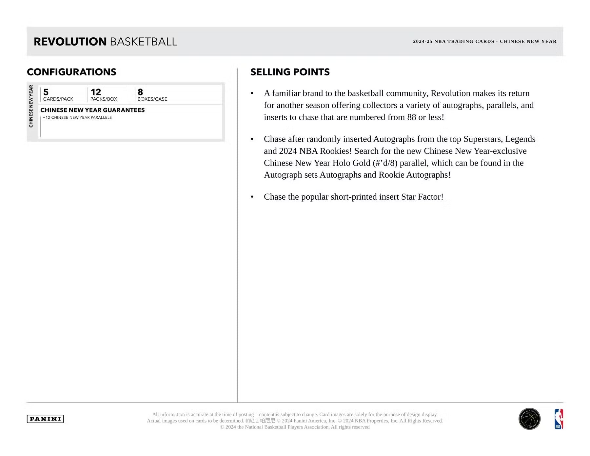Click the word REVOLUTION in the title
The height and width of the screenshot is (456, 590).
click(70, 42)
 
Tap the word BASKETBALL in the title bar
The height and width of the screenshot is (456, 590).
click(144, 42)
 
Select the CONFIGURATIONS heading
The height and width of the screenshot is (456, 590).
click(71, 72)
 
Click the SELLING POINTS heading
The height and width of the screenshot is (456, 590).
click(290, 72)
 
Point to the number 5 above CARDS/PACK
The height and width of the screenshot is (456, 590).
click(46, 92)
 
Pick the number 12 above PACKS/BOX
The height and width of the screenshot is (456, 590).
click(96, 92)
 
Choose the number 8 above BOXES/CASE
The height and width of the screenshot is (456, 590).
click(140, 92)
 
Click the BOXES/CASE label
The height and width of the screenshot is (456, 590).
click(152, 99)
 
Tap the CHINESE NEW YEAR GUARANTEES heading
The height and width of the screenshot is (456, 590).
click(92, 110)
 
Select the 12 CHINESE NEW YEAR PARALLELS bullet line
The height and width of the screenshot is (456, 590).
click(78, 117)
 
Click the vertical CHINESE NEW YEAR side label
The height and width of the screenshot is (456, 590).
click(31, 106)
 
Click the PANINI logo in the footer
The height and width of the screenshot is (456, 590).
click(45, 419)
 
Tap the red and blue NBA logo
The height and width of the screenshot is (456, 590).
click(559, 419)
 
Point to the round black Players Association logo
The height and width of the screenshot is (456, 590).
click(529, 419)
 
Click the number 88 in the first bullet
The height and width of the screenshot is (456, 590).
click(411, 117)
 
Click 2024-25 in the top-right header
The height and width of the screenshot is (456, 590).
click(423, 41)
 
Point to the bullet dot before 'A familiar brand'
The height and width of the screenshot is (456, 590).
click(252, 94)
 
